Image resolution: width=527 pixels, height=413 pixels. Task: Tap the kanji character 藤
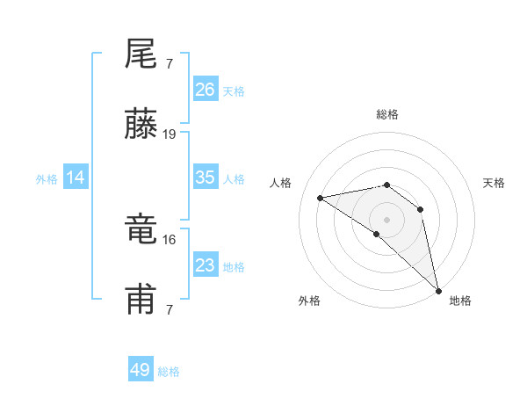141,126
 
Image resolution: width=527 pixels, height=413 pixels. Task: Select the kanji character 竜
141,230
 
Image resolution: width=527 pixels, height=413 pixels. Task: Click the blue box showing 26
206,89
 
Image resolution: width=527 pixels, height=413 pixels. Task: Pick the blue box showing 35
206,178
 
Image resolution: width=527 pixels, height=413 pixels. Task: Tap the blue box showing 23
206,265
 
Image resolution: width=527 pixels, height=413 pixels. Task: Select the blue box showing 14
76,178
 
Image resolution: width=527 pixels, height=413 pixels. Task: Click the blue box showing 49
141,370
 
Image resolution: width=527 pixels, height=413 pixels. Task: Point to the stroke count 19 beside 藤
170,134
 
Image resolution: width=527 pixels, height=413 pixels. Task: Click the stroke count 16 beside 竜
170,239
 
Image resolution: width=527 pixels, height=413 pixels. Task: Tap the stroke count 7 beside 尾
169,63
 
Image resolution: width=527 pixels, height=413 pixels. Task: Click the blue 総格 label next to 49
169,372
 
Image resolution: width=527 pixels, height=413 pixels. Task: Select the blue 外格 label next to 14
47,179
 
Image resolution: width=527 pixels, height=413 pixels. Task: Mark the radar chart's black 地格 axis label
460,301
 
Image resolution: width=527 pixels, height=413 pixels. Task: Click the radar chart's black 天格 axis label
494,183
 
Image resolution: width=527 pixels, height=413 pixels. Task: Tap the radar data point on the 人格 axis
321,198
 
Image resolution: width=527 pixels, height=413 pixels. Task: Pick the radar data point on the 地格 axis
437,289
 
